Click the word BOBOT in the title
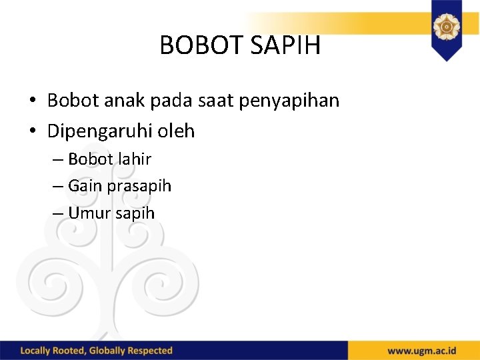click(x=202, y=45)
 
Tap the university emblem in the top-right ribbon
click(x=446, y=27)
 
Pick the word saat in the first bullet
click(x=220, y=101)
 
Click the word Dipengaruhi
click(x=100, y=131)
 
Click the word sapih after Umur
click(x=135, y=214)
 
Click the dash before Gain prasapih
click(x=57, y=187)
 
